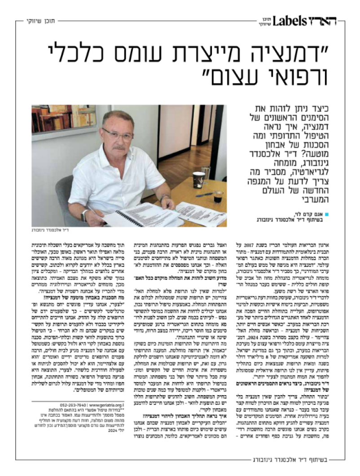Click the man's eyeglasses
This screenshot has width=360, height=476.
(117, 134)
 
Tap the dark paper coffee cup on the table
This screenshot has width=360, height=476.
(199, 180)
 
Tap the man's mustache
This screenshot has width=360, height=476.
(119, 147)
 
